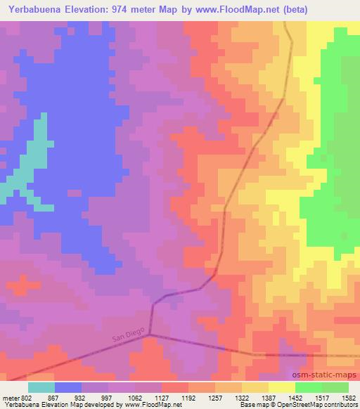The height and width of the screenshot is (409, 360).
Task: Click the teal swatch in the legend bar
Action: click(41, 387)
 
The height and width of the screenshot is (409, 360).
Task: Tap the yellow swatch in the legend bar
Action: click(281, 387)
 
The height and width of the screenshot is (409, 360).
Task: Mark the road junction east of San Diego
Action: click(150, 335)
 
